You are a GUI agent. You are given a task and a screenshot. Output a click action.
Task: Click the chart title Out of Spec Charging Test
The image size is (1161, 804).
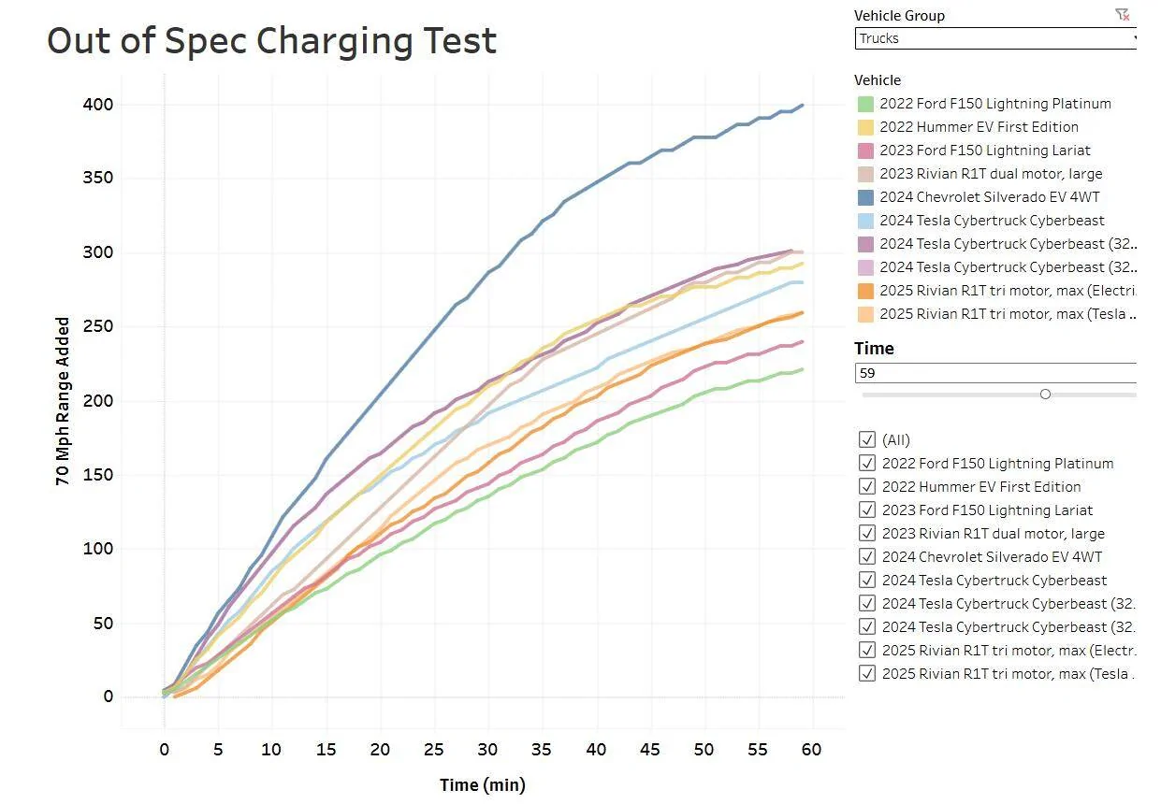[x=271, y=41]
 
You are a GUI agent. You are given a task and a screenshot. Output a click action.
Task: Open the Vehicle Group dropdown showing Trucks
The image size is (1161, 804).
[x=995, y=38]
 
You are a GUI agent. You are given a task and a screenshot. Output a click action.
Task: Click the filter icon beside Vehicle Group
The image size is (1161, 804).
[x=1122, y=14]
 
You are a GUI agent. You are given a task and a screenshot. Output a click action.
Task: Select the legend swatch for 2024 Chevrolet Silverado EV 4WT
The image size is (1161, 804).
[x=865, y=197]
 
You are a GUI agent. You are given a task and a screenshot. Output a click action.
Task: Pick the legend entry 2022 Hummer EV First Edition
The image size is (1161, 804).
[x=979, y=127]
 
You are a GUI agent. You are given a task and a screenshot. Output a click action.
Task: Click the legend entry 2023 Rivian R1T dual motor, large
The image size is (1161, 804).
[x=991, y=174]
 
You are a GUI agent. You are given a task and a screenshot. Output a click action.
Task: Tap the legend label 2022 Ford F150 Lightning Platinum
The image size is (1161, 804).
[x=995, y=104]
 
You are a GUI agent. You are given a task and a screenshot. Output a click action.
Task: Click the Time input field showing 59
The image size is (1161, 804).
[x=995, y=373]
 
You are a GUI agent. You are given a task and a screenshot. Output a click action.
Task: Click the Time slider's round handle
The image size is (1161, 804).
[x=1045, y=395]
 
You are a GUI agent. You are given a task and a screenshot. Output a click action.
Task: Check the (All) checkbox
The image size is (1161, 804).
[x=866, y=439]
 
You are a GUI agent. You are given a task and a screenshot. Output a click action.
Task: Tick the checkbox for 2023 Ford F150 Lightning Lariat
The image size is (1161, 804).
[x=866, y=510]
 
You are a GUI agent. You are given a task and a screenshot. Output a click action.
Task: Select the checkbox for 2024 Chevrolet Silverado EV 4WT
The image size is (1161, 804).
[x=866, y=556]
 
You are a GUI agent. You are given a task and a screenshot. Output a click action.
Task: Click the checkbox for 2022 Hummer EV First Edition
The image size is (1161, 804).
[x=866, y=486]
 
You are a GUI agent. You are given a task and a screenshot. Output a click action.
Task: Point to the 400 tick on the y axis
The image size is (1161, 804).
[x=95, y=105]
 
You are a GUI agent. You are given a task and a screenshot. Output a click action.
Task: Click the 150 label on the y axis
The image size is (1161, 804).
[x=95, y=475]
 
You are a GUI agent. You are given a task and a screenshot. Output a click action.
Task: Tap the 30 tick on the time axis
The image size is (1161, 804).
[x=487, y=750]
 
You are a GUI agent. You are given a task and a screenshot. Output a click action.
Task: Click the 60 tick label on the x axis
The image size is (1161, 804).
[x=811, y=750]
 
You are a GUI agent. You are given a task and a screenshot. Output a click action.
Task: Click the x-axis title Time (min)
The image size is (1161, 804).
[x=483, y=784]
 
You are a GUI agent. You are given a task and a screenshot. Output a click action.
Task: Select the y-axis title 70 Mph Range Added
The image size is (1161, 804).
[x=63, y=401]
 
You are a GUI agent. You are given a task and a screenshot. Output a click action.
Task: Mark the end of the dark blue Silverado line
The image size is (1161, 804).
[x=803, y=106]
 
